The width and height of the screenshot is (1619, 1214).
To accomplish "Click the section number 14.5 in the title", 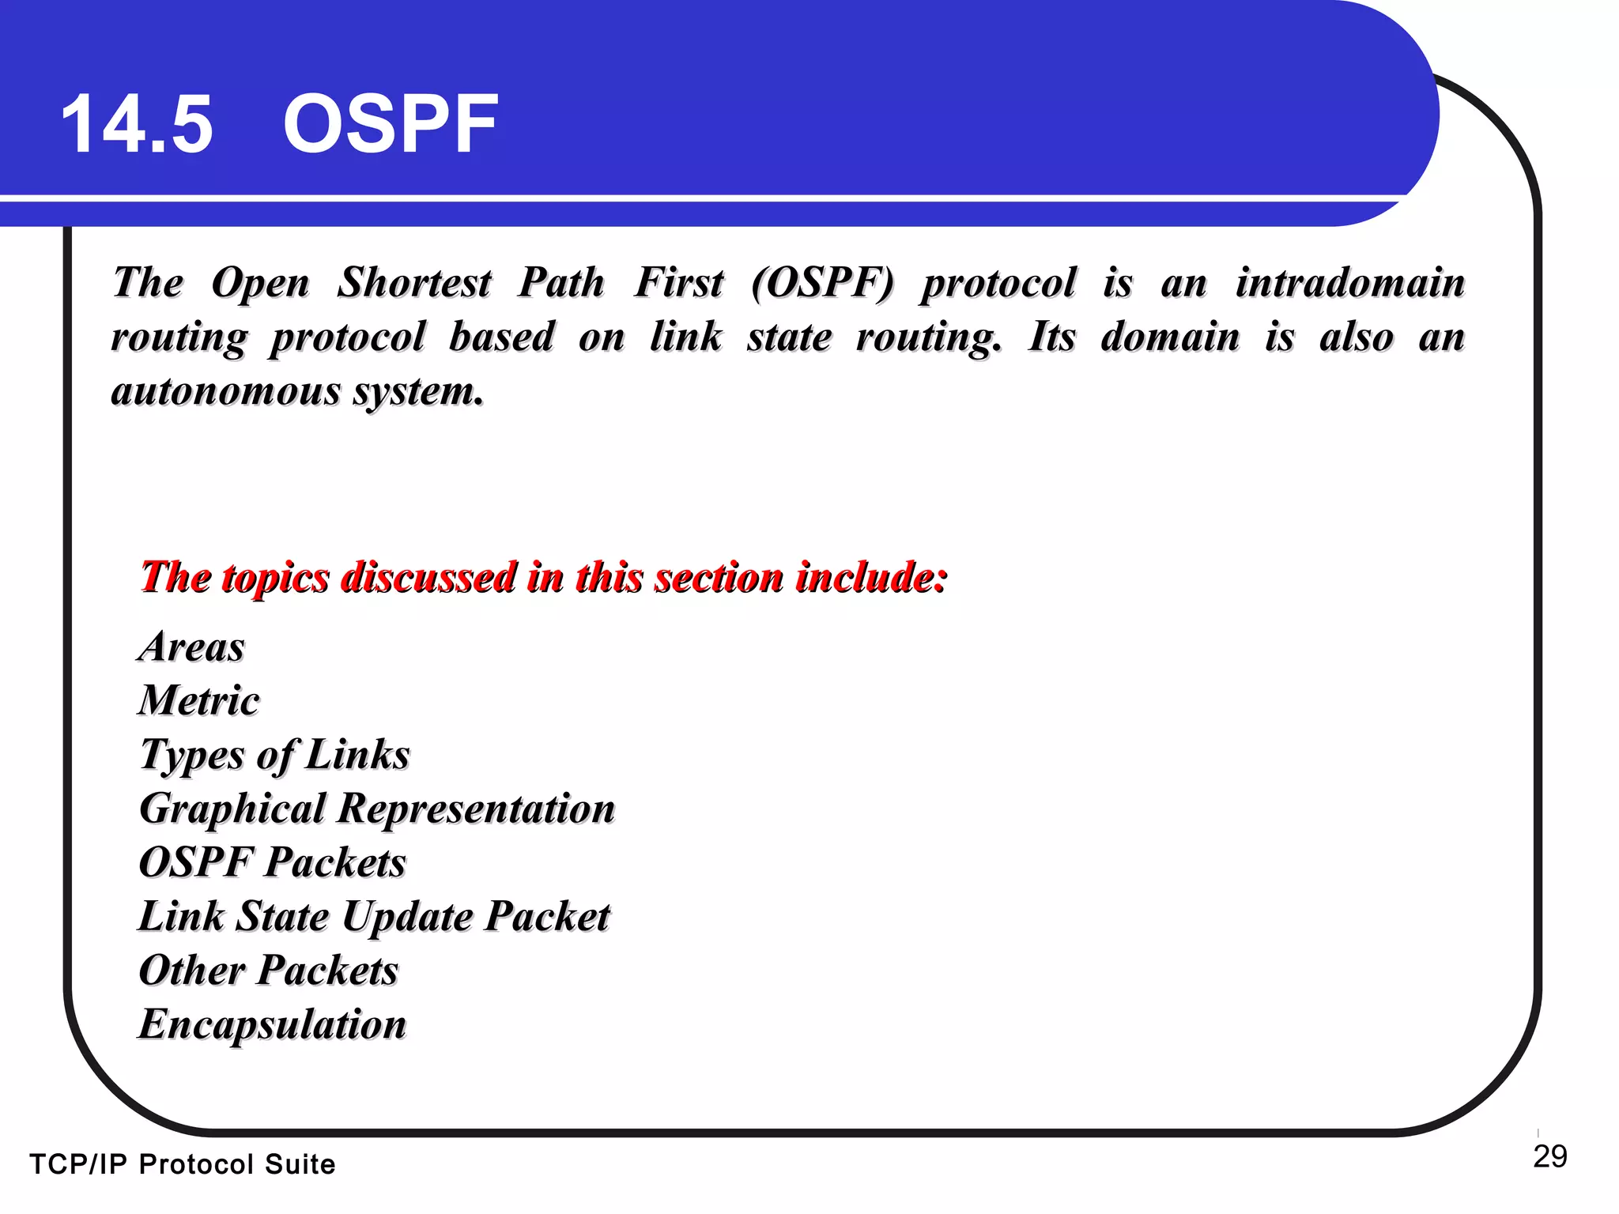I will click(137, 124).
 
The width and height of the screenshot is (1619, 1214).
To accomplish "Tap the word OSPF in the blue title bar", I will click(391, 124).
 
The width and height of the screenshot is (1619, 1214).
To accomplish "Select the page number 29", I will click(1549, 1156).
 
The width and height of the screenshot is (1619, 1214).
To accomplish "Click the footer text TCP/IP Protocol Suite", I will click(183, 1164).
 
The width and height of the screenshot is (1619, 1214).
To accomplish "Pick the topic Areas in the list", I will click(192, 647).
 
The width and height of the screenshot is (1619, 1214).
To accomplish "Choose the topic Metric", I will click(199, 700).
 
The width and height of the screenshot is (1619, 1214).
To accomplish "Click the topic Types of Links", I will click(275, 754).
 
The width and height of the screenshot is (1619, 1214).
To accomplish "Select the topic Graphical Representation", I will click(377, 809).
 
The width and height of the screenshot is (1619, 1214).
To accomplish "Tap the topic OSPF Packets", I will click(273, 862).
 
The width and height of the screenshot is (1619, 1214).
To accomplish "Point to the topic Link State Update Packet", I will click(374, 917).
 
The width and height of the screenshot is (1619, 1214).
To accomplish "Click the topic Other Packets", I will click(269, 971).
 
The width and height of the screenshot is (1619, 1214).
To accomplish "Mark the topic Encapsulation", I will click(273, 1024).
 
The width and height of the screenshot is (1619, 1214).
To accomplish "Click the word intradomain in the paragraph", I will click(1350, 283).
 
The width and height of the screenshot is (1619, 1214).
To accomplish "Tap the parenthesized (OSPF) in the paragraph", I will click(822, 283).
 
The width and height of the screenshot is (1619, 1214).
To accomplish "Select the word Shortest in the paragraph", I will click(414, 283).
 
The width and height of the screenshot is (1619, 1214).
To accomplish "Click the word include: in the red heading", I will click(871, 577).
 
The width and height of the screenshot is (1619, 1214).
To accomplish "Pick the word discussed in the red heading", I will click(428, 577).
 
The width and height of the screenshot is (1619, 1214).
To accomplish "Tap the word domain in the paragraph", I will click(1170, 337).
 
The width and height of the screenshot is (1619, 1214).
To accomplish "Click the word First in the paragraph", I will click(679, 283).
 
